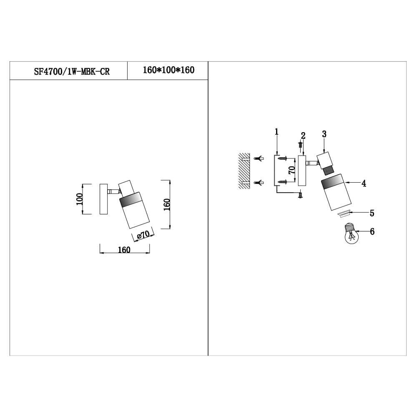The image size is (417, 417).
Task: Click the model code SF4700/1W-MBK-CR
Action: tap(72, 71)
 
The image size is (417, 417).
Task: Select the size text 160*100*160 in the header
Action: tap(168, 70)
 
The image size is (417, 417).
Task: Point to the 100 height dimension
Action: tap(79, 199)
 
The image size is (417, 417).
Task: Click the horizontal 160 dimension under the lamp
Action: tap(124, 250)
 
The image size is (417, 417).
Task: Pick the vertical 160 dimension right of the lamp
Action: tap(167, 204)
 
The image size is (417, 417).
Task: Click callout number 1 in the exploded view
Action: tap(276, 132)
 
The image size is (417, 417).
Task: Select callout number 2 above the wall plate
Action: tap(303, 136)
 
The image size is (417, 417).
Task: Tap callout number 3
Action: tap(324, 134)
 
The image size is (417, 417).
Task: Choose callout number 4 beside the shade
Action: tap(364, 183)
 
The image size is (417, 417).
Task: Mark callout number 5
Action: tap(372, 213)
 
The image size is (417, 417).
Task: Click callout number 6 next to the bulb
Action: tap(372, 231)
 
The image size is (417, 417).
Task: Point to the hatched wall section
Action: tap(244, 171)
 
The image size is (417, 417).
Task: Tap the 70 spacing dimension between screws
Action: tap(292, 170)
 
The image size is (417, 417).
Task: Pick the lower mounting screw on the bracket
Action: tap(282, 181)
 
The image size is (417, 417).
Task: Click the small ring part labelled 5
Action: tap(344, 214)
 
